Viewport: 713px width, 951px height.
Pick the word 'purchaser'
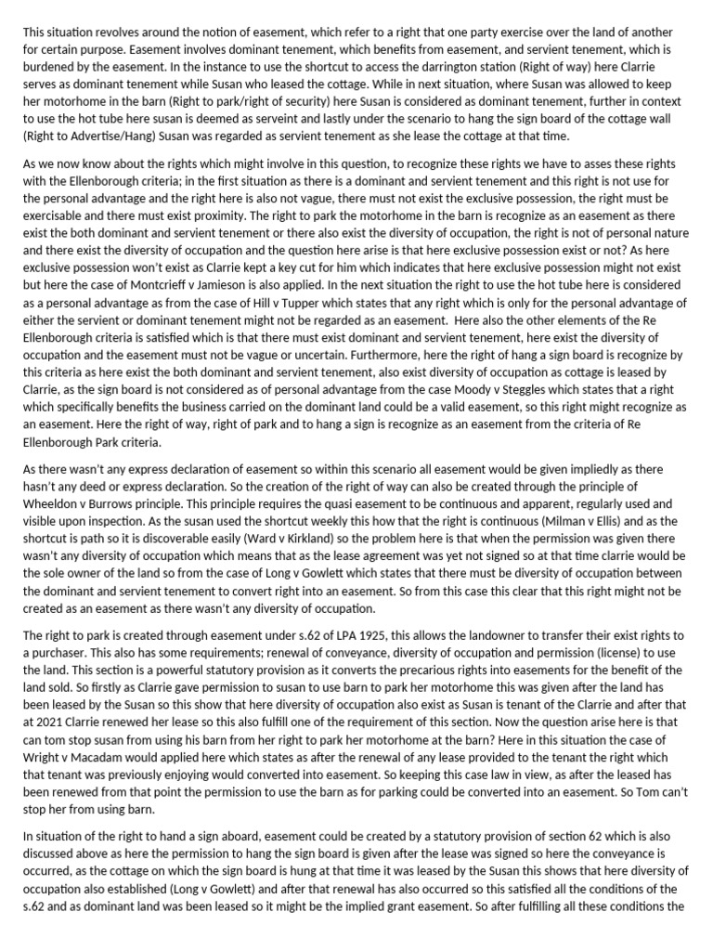click(58, 654)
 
